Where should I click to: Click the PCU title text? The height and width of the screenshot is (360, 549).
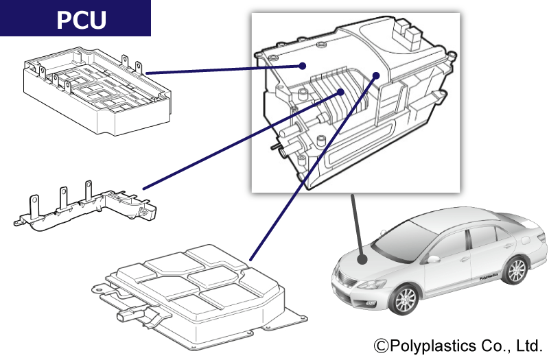point(81,20)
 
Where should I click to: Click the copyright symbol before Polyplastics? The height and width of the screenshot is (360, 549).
point(381,344)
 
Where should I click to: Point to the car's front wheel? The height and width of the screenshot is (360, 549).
point(405,300)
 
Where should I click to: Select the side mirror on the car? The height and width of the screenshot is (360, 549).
point(434,259)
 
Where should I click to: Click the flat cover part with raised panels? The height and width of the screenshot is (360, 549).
point(199,291)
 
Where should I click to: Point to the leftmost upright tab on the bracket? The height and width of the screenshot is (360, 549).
point(33,204)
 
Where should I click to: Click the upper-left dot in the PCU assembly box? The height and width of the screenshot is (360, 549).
point(302,66)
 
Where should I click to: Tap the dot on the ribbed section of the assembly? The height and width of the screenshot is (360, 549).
point(340,92)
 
